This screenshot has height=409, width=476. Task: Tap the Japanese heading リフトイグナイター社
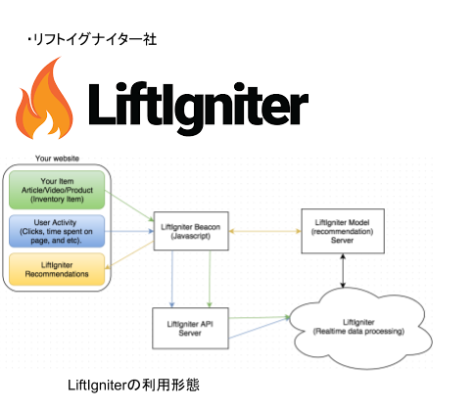pos(92,39)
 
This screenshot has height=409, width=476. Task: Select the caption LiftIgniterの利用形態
pos(133,385)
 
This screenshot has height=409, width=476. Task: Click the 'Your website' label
pos(57,159)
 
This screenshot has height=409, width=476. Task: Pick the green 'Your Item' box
pos(57,190)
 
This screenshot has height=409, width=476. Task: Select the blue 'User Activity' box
pos(57,231)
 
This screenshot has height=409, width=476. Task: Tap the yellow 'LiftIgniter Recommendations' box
pos(57,269)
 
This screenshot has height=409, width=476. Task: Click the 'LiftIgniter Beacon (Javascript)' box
pos(191,231)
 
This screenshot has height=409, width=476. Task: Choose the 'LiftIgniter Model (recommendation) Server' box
pos(343,231)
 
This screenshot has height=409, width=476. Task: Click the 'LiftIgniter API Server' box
pos(190,329)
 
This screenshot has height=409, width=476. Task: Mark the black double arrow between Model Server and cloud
pos(343,271)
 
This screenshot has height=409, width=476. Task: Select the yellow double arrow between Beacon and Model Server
pos(264,231)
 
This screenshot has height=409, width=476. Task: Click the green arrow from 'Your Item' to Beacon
pos(129,206)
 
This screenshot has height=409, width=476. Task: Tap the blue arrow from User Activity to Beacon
pos(129,231)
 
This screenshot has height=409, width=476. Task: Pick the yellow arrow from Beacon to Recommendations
pos(129,255)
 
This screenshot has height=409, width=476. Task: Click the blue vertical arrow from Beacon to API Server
pos(172,279)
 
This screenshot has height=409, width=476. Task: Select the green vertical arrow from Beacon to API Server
pos(210,279)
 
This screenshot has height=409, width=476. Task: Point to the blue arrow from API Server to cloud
pos(260,328)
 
